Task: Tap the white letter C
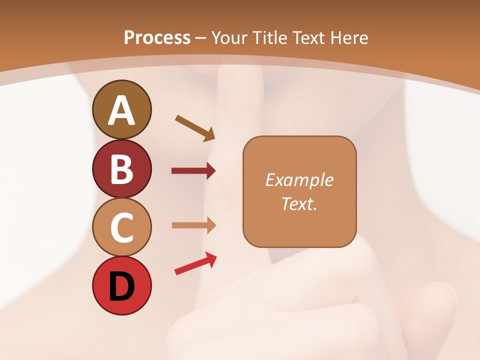click(121, 228)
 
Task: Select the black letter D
click(121, 286)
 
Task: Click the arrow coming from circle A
click(195, 127)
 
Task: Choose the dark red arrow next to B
click(193, 171)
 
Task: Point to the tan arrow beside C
click(193, 225)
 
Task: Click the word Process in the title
click(157, 37)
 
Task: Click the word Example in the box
click(299, 180)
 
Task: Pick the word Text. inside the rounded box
click(299, 203)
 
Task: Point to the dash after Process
click(201, 38)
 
